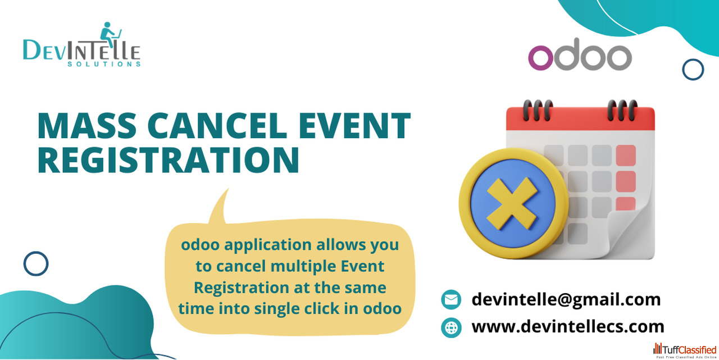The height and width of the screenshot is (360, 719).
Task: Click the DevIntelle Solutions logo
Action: tap(82, 44)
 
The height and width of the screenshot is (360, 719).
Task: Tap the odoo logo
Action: tap(580, 54)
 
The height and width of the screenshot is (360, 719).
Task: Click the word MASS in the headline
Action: tap(87, 126)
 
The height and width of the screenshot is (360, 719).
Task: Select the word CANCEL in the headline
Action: tap(217, 126)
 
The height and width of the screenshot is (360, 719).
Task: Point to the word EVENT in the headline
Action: tap(354, 126)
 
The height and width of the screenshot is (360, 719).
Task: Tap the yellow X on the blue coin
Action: tap(512, 204)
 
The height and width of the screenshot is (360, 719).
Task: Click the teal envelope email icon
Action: tap(451, 300)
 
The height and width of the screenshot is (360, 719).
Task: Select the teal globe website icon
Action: tap(451, 327)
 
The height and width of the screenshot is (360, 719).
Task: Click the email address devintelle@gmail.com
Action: tap(566, 299)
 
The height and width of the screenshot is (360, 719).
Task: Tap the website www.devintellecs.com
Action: tap(568, 326)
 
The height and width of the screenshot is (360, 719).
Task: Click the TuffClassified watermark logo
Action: tap(685, 350)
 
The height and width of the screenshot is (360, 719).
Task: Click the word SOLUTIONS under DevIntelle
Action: tap(104, 64)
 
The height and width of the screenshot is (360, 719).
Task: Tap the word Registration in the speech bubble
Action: tap(242, 288)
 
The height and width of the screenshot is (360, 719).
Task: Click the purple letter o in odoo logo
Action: tap(540, 58)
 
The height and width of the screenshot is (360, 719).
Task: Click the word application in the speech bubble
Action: tap(268, 245)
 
